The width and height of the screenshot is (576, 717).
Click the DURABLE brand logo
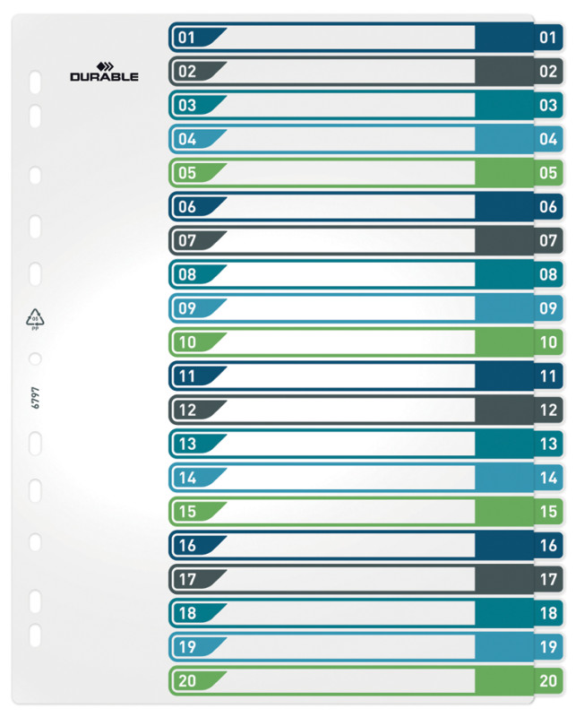[104, 73]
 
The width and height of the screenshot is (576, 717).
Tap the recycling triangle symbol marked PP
[35, 318]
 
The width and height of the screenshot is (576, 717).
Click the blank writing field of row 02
[349, 71]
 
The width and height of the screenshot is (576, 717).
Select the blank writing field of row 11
[349, 376]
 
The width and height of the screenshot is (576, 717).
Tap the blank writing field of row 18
[349, 613]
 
